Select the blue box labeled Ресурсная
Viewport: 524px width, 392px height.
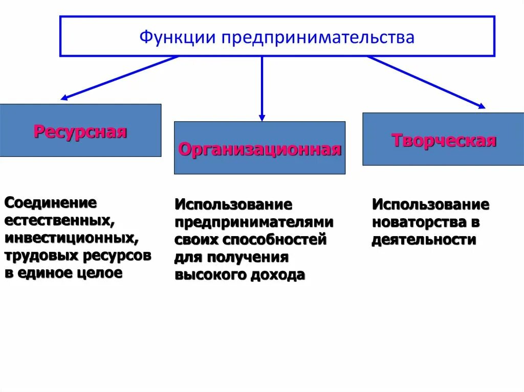click(80, 131)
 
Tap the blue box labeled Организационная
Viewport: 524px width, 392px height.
click(259, 148)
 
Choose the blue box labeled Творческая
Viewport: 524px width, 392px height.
click(443, 139)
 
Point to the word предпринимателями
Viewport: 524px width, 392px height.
click(254, 222)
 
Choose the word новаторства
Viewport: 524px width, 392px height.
click(420, 222)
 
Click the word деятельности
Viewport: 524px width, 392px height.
click(424, 240)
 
